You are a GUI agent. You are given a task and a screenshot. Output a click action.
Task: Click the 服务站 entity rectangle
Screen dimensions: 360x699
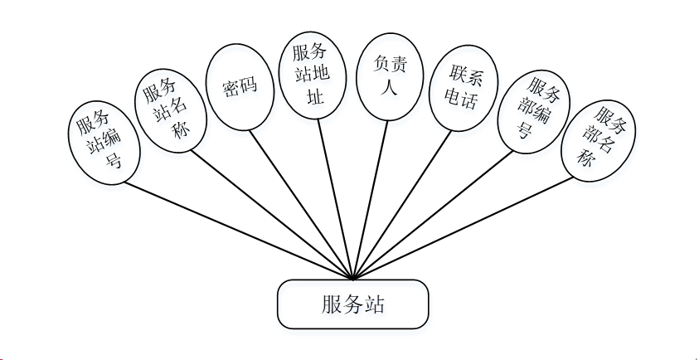coord(352,304)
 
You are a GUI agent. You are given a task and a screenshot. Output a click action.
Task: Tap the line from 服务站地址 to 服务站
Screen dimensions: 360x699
coord(336,200)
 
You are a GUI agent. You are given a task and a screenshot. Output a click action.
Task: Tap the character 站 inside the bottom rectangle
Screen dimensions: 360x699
coord(374,304)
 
